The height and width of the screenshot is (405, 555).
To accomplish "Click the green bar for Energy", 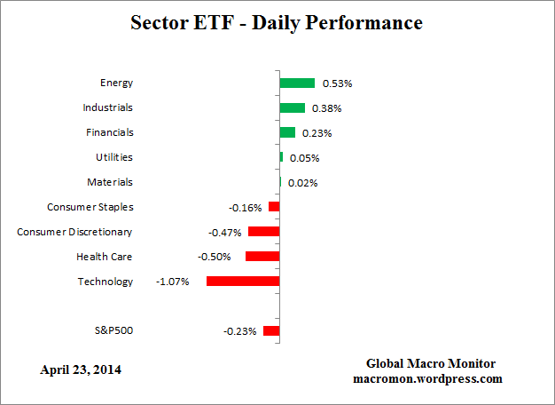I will pos(297,83).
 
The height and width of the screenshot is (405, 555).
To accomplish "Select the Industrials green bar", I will pos(292,107).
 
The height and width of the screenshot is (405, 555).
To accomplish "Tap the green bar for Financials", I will pos(287,132).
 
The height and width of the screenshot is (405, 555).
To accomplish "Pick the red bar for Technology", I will pos(243,281).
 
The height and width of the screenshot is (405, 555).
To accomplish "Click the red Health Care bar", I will pos(262,256).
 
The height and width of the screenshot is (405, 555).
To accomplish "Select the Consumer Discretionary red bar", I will pos(263,231).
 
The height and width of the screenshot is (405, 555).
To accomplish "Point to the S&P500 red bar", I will pos(271,330).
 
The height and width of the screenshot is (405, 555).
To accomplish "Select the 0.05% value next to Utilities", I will pos(304,158).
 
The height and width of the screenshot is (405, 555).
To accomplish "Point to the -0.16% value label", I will pos(246,208).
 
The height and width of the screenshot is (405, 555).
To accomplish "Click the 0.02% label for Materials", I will pos(302,183).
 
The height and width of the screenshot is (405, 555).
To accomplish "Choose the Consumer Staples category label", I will pos(90,207).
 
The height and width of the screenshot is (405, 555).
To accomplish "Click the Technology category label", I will pos(106,282).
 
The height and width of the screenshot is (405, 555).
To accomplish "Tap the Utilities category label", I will pos(114,157).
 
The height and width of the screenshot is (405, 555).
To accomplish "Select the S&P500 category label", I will pos(113,330).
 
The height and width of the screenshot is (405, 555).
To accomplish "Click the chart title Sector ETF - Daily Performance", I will pos(277,22).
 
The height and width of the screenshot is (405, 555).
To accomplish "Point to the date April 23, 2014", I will pos(81,369).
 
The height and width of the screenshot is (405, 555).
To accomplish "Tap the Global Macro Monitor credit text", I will pos(431,364).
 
